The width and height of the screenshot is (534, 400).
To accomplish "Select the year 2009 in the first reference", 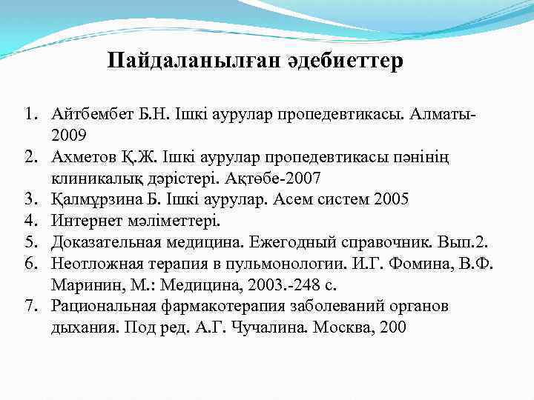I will click(69, 135).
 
